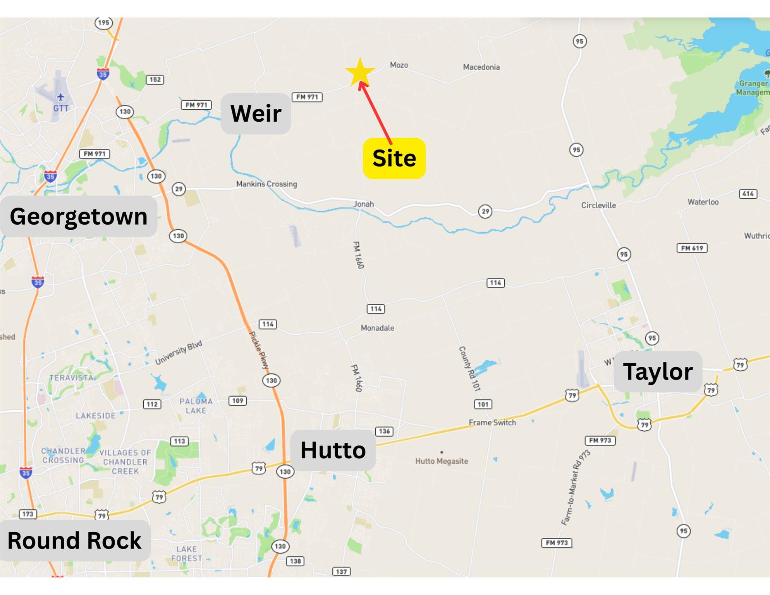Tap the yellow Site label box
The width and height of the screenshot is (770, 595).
[x=394, y=158]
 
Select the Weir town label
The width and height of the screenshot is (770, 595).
[x=256, y=114]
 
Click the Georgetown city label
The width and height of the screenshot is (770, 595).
[x=79, y=216]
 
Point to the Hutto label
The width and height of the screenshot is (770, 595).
[x=333, y=450]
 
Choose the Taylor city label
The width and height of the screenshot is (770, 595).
[x=658, y=371]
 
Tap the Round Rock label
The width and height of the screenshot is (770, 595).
[x=75, y=540]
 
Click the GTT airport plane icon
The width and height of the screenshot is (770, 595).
[x=61, y=96]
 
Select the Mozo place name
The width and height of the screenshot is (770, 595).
[x=399, y=65]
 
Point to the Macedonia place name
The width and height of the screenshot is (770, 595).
[x=481, y=67]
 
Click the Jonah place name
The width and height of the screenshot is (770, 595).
[x=364, y=204]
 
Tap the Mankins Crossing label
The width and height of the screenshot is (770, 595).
[x=266, y=184]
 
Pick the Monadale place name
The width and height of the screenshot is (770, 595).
[x=377, y=328]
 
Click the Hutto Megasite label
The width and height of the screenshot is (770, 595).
[x=442, y=461]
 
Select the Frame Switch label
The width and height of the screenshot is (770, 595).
[x=492, y=423]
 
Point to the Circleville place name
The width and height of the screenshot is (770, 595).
[x=598, y=205]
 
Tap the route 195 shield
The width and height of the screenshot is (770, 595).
[x=103, y=22]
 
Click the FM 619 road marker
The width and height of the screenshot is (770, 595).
[x=692, y=248]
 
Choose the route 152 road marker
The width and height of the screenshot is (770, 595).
[x=155, y=79]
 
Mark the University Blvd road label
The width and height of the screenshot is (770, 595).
[x=179, y=353]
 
